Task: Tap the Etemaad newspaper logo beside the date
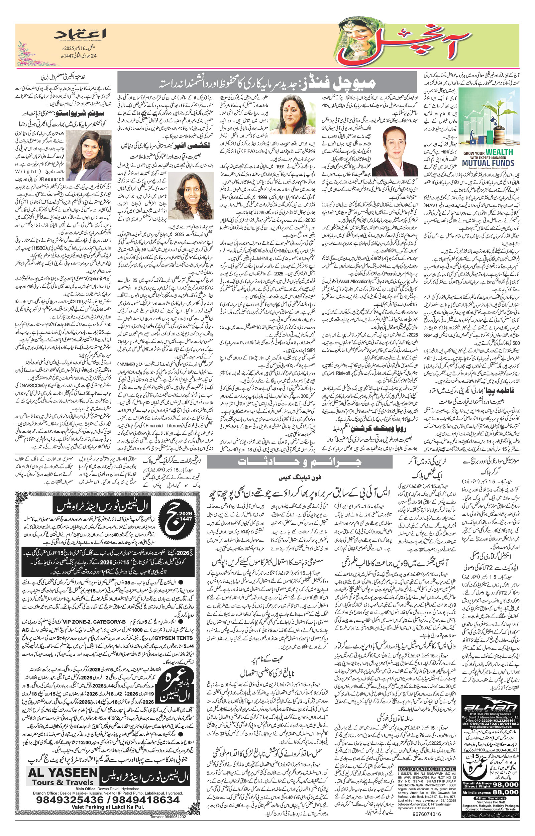click(x=81, y=34)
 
